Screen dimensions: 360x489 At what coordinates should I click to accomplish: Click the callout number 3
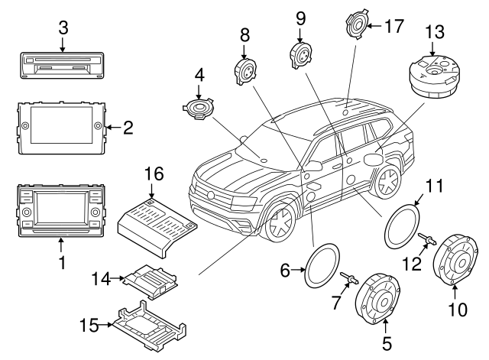(x=63, y=28)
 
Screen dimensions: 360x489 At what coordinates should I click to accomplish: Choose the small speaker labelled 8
(x=245, y=70)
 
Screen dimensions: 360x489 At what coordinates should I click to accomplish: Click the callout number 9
(x=300, y=16)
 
